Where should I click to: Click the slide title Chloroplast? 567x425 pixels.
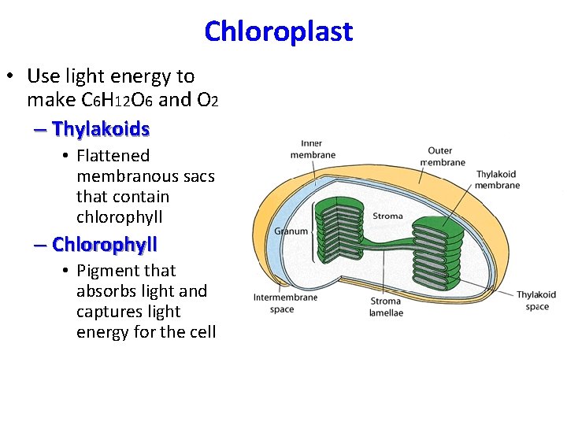(x=278, y=31)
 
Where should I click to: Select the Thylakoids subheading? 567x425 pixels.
(x=101, y=128)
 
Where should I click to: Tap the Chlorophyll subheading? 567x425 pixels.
(x=105, y=244)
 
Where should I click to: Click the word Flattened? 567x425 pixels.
(x=113, y=156)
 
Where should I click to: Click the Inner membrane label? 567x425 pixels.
(x=313, y=150)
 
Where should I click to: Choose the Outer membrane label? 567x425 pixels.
(x=446, y=156)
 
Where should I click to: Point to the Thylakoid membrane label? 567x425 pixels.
(x=498, y=179)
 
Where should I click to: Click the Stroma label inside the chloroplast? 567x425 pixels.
(x=387, y=216)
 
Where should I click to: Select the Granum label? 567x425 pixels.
(x=291, y=231)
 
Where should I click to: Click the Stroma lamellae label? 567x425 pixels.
(x=386, y=307)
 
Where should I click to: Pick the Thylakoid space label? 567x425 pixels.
(x=536, y=300)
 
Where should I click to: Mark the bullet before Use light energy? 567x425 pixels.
(x=11, y=76)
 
